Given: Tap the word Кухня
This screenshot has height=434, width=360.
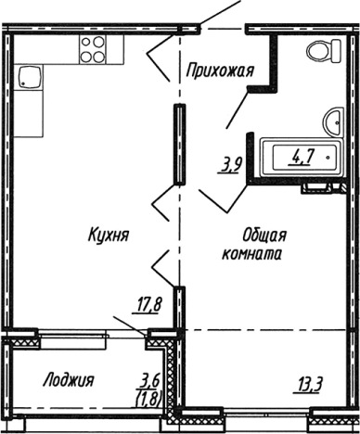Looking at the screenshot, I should [x=109, y=236].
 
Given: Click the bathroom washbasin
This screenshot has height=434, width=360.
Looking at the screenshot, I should [x=332, y=119].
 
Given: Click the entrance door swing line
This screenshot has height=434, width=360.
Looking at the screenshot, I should [x=221, y=14].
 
